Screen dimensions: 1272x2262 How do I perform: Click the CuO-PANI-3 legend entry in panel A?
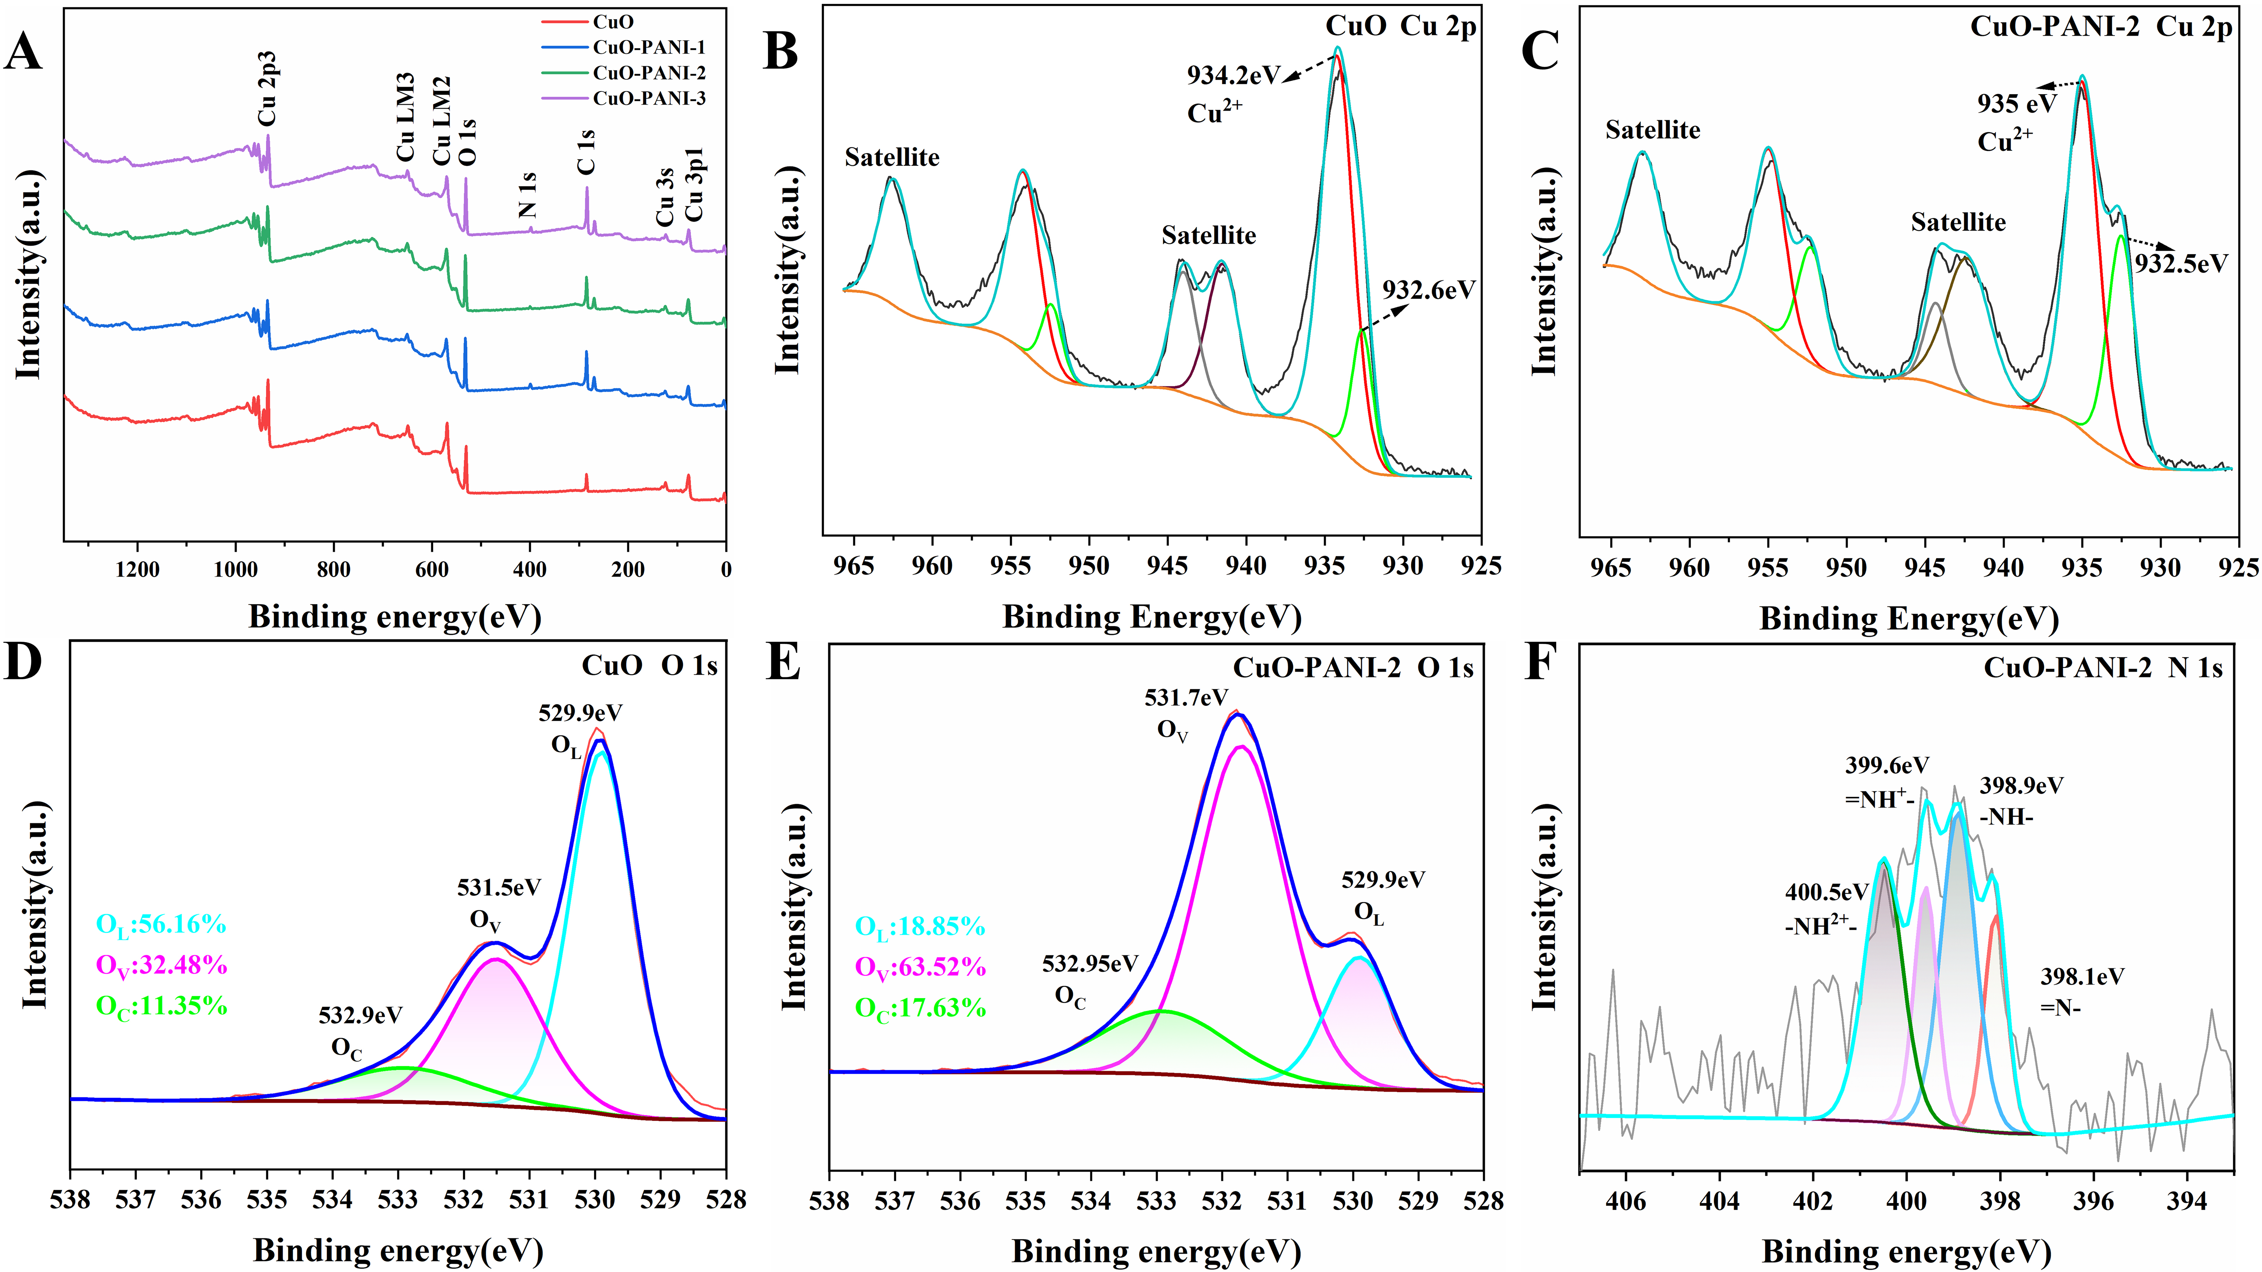point(648,98)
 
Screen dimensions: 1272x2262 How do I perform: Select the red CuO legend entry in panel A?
point(613,22)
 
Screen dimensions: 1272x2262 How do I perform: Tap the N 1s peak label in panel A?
point(527,195)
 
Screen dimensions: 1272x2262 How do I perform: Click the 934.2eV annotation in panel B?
point(1233,75)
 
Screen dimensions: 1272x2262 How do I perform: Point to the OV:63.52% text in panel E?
point(920,967)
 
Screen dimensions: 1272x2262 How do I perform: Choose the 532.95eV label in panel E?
point(1090,964)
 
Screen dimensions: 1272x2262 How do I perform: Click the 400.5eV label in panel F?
point(1827,893)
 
